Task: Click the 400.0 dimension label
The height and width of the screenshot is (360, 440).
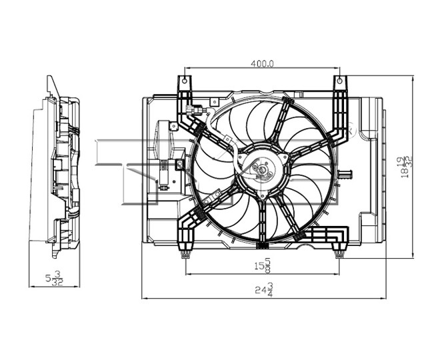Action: [262, 64]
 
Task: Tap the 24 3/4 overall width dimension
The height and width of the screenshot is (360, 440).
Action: [264, 290]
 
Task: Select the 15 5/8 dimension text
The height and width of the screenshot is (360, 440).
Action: [263, 265]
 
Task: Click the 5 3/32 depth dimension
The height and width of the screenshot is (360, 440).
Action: [55, 279]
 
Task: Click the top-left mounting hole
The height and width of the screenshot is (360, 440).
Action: [185, 81]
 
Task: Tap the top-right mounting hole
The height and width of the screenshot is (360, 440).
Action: [339, 81]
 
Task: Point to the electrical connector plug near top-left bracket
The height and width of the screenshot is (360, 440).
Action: [194, 110]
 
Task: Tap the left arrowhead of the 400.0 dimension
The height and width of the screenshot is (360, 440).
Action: [187, 67]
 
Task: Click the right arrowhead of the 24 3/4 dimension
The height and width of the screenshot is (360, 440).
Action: [383, 298]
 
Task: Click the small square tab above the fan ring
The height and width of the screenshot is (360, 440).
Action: [214, 101]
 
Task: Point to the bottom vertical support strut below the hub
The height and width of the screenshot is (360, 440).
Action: [263, 222]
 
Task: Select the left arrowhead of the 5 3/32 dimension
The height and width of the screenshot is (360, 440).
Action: [32, 287]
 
